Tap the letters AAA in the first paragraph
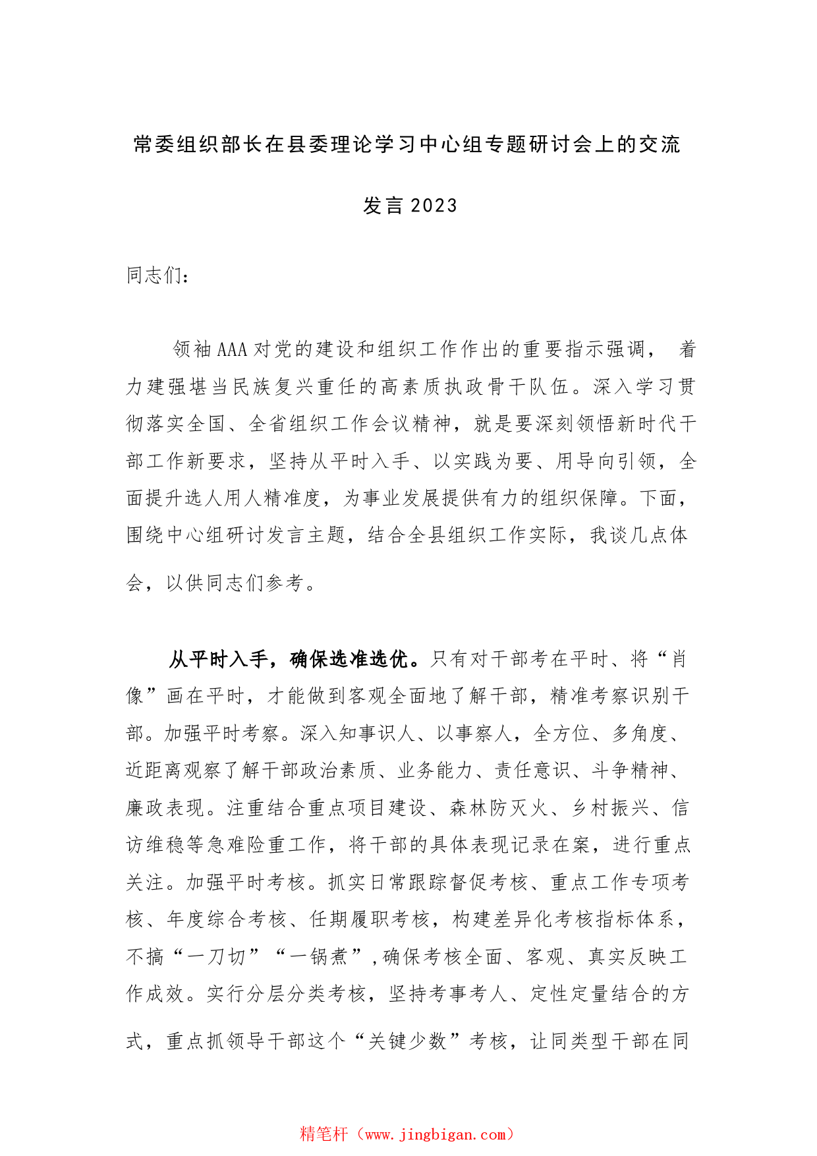(x=231, y=349)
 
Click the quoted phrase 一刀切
(x=215, y=956)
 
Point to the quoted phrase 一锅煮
(x=318, y=956)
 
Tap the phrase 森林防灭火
(x=499, y=808)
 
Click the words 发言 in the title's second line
(x=383, y=206)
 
